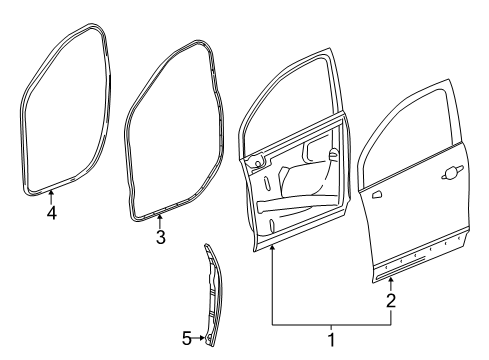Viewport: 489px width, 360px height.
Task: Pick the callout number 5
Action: (186, 338)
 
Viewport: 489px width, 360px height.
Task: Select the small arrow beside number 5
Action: (200, 338)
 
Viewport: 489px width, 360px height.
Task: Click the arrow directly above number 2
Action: (391, 282)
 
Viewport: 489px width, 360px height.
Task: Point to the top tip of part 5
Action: (206, 244)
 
